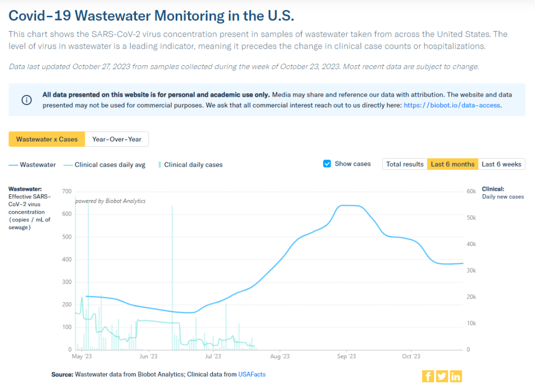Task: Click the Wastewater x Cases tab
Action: [x=47, y=139]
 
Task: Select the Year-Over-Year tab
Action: [x=117, y=139]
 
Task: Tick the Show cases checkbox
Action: [x=327, y=163]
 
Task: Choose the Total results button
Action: [x=404, y=164]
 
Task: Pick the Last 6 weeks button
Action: [x=501, y=164]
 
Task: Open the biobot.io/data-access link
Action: [x=452, y=105]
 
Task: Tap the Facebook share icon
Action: [x=428, y=376]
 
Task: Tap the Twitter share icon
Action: [x=442, y=376]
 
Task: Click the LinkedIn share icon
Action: [x=456, y=376]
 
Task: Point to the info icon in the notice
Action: [x=26, y=100]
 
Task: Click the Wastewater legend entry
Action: [x=32, y=164]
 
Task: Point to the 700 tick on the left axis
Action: [x=66, y=192]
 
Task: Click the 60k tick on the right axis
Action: [x=471, y=192]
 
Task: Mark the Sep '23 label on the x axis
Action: [x=346, y=357]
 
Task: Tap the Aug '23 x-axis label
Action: [x=280, y=357]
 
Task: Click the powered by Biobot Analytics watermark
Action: [x=110, y=201]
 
